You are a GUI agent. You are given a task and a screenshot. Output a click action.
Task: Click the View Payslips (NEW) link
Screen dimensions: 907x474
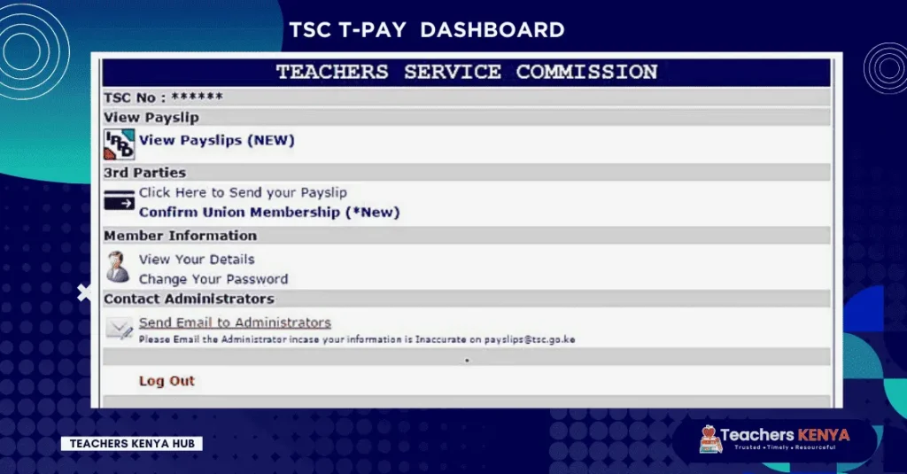point(217,141)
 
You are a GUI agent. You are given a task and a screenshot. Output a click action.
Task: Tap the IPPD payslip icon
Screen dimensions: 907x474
point(120,144)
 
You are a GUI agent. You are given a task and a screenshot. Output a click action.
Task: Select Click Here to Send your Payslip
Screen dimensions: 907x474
point(243,193)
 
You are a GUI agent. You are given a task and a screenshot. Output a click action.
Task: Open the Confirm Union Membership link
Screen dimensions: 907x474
point(269,213)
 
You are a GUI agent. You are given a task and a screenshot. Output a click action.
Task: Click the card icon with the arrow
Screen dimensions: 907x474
point(120,200)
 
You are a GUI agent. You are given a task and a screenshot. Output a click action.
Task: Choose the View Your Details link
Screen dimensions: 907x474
point(197,260)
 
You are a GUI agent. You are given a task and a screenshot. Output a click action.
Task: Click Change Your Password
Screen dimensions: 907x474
point(213,279)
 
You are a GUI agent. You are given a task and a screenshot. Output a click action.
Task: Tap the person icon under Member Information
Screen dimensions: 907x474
point(118,267)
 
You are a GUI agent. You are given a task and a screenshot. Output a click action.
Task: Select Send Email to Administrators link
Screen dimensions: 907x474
point(235,322)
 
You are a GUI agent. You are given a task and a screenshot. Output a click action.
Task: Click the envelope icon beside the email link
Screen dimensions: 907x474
point(120,328)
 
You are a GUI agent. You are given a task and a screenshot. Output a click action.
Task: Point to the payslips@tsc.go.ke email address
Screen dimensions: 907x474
point(530,339)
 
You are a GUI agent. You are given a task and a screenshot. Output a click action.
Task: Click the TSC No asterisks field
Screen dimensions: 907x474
point(197,96)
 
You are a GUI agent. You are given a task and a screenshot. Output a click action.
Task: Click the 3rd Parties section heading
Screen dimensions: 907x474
point(145,173)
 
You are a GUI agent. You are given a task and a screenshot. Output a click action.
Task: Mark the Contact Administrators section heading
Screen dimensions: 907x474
point(190,299)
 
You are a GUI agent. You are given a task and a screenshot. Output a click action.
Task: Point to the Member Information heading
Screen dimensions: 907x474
point(181,236)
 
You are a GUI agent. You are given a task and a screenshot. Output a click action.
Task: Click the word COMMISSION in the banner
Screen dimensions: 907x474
point(586,72)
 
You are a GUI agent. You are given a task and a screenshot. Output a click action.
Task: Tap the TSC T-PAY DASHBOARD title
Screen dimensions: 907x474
point(427,30)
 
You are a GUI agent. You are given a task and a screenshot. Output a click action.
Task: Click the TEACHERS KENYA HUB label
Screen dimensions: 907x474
point(132,444)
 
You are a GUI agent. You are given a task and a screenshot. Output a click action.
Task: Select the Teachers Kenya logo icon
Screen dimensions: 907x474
point(710,439)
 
